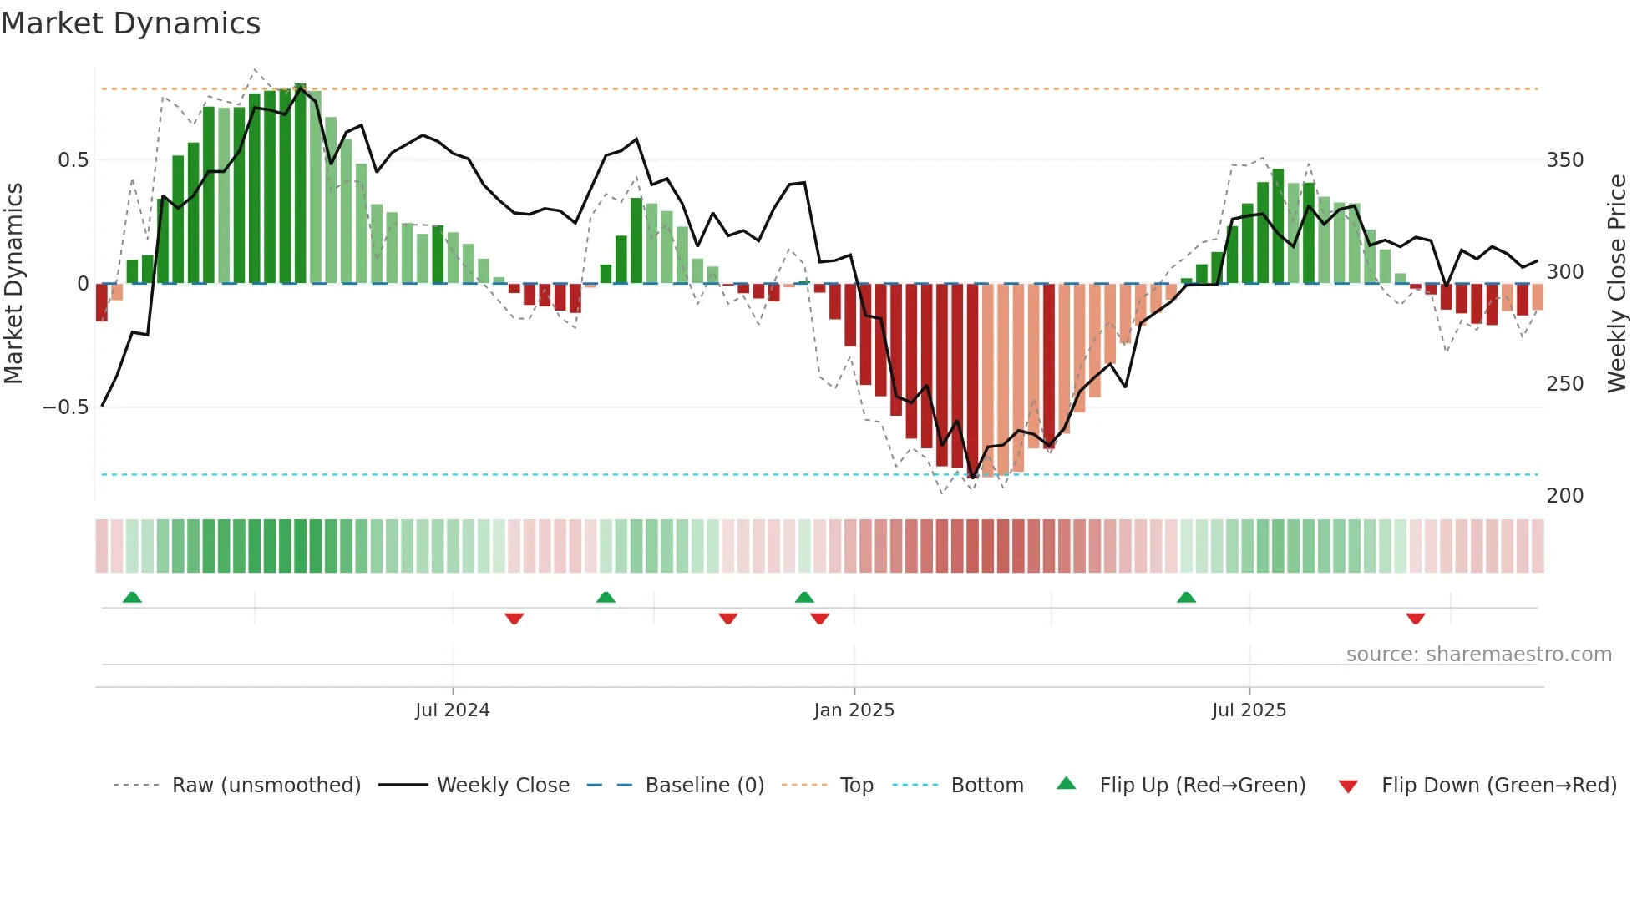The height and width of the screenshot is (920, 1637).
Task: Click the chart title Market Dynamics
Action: pyautogui.click(x=130, y=23)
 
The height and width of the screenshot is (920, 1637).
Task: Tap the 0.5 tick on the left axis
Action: pyautogui.click(x=73, y=159)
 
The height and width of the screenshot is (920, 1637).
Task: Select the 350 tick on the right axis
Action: pyautogui.click(x=1564, y=159)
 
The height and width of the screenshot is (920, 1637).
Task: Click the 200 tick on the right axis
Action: pyautogui.click(x=1564, y=495)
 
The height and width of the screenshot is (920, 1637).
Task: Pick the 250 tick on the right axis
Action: pyautogui.click(x=1564, y=383)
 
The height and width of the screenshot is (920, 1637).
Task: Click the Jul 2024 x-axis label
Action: pyautogui.click(x=452, y=710)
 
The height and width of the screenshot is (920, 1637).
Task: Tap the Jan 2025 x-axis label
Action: pyautogui.click(x=854, y=710)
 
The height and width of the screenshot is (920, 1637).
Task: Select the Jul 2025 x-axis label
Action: pyautogui.click(x=1249, y=710)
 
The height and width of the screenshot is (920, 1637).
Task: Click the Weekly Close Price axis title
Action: pyautogui.click(x=1617, y=284)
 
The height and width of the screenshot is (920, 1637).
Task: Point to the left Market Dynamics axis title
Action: pyautogui.click(x=13, y=284)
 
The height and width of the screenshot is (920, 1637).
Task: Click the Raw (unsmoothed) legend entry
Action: pyautogui.click(x=266, y=786)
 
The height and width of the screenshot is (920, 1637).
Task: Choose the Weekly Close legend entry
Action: pyautogui.click(x=503, y=786)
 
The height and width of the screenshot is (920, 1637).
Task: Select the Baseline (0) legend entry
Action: pyautogui.click(x=704, y=786)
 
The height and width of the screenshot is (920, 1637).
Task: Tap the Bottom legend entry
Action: pyautogui.click(x=986, y=786)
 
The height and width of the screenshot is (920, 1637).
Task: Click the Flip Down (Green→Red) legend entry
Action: pyautogui.click(x=1498, y=786)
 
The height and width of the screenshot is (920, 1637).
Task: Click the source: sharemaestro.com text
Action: pyautogui.click(x=1478, y=655)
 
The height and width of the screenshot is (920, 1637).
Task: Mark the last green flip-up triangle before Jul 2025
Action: pyautogui.click(x=1186, y=597)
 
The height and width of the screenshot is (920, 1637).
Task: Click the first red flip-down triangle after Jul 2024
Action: pyautogui.click(x=514, y=619)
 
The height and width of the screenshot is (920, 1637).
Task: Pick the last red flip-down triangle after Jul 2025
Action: pyautogui.click(x=1415, y=619)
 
